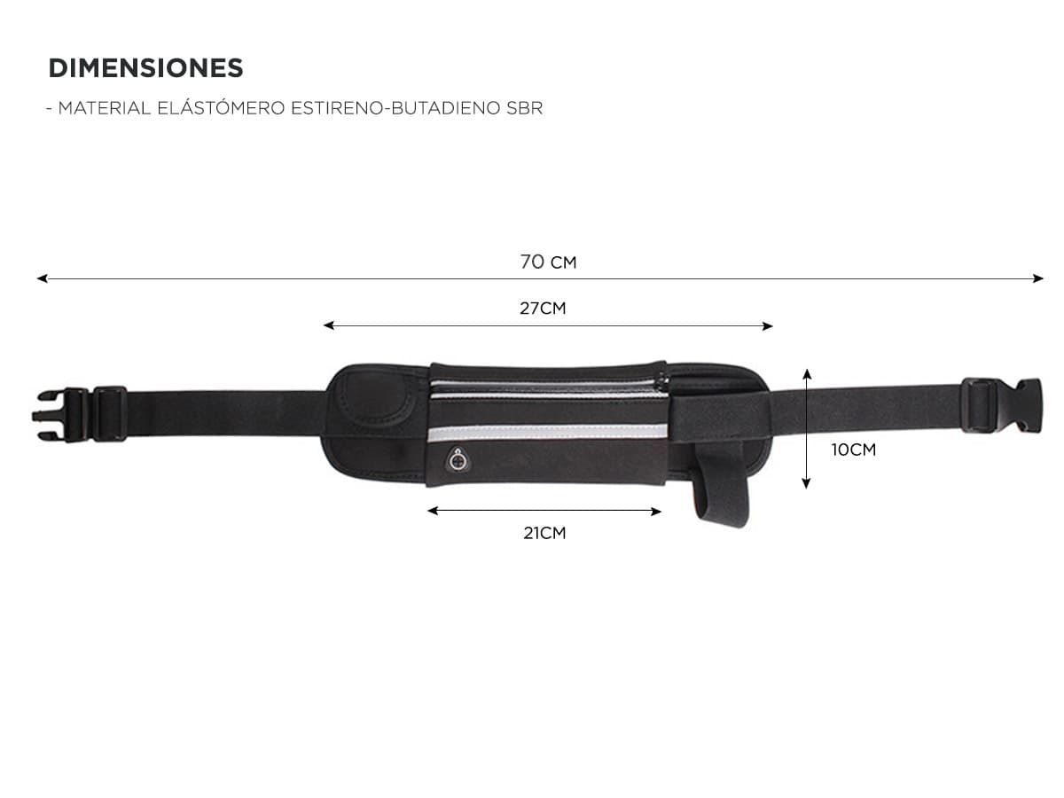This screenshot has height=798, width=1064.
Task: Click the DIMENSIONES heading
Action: coord(145,68)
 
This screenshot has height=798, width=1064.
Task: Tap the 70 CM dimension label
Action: coord(548,262)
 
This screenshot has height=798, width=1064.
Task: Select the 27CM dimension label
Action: coord(543,309)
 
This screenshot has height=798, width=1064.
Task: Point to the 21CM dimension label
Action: coord(544,533)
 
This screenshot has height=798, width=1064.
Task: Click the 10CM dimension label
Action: coord(854,450)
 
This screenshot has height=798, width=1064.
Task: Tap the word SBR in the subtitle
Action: coord(524,108)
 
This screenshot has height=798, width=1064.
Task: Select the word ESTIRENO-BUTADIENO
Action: coord(395,108)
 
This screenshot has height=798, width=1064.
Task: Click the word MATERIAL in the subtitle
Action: coord(105,108)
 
